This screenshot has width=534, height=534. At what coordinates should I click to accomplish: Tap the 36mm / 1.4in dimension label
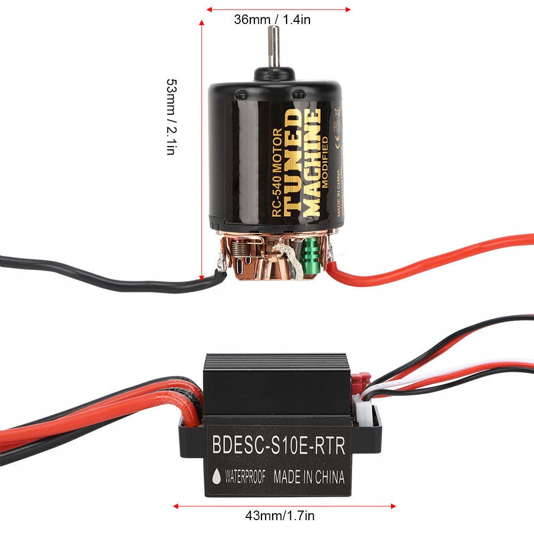(x=272, y=20)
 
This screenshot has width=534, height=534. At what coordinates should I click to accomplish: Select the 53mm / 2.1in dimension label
(x=171, y=117)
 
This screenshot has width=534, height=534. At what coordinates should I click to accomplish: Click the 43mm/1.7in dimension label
(x=280, y=516)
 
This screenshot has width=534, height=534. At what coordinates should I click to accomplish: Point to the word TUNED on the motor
(x=292, y=162)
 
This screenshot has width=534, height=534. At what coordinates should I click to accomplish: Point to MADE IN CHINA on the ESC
(x=309, y=476)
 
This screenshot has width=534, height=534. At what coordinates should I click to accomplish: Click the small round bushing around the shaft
(x=274, y=74)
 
